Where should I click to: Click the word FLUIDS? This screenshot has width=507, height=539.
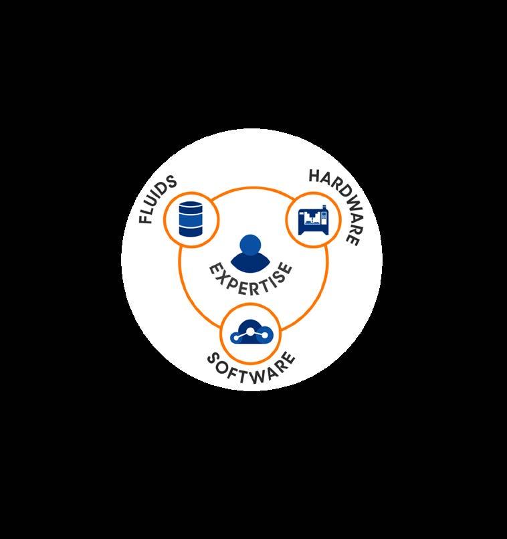[x=158, y=200]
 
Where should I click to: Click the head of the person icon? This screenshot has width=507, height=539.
[x=249, y=245]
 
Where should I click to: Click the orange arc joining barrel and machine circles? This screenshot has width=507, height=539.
[x=253, y=189]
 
